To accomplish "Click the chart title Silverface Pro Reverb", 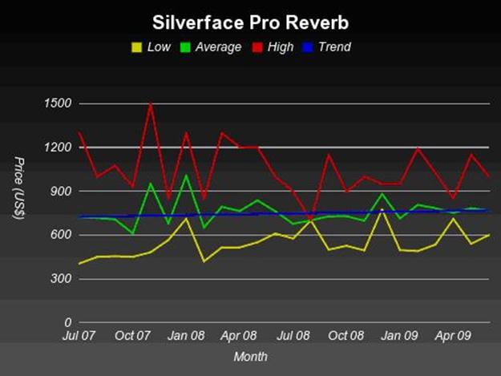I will pos(250,18).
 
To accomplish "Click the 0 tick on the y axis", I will pos(67,322).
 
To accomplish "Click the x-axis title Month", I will pos(250,356).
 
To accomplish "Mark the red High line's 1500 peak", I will pos(150,104).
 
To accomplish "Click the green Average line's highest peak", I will pos(186,175).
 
